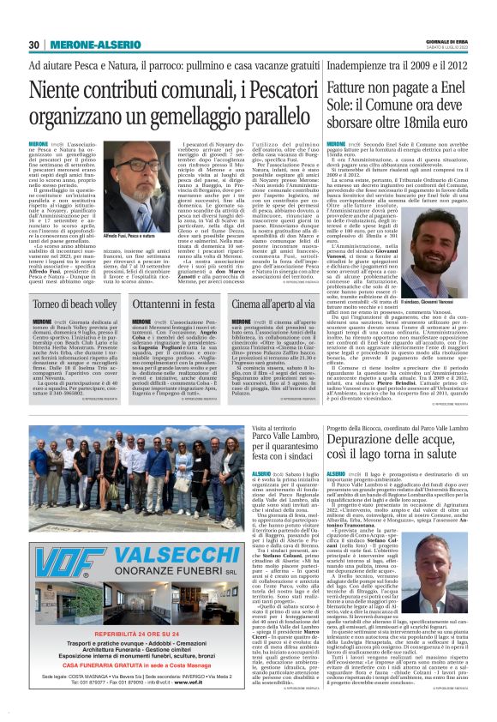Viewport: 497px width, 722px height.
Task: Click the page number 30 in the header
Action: tap(35, 45)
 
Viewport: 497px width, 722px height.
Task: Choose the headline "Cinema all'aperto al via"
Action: tap(272, 304)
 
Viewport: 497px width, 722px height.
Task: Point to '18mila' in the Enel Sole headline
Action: tap(416, 124)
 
